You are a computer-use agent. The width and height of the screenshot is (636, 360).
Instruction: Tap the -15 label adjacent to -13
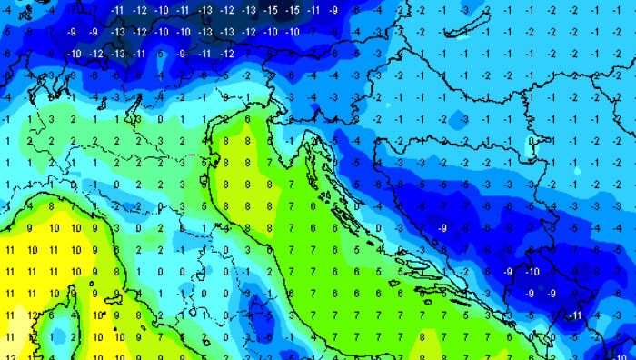point(272,9)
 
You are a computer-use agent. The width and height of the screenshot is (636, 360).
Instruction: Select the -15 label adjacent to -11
point(293,9)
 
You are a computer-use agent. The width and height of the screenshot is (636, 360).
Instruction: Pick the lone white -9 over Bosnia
point(442,227)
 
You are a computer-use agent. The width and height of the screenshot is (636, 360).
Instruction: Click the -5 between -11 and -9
point(160,54)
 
